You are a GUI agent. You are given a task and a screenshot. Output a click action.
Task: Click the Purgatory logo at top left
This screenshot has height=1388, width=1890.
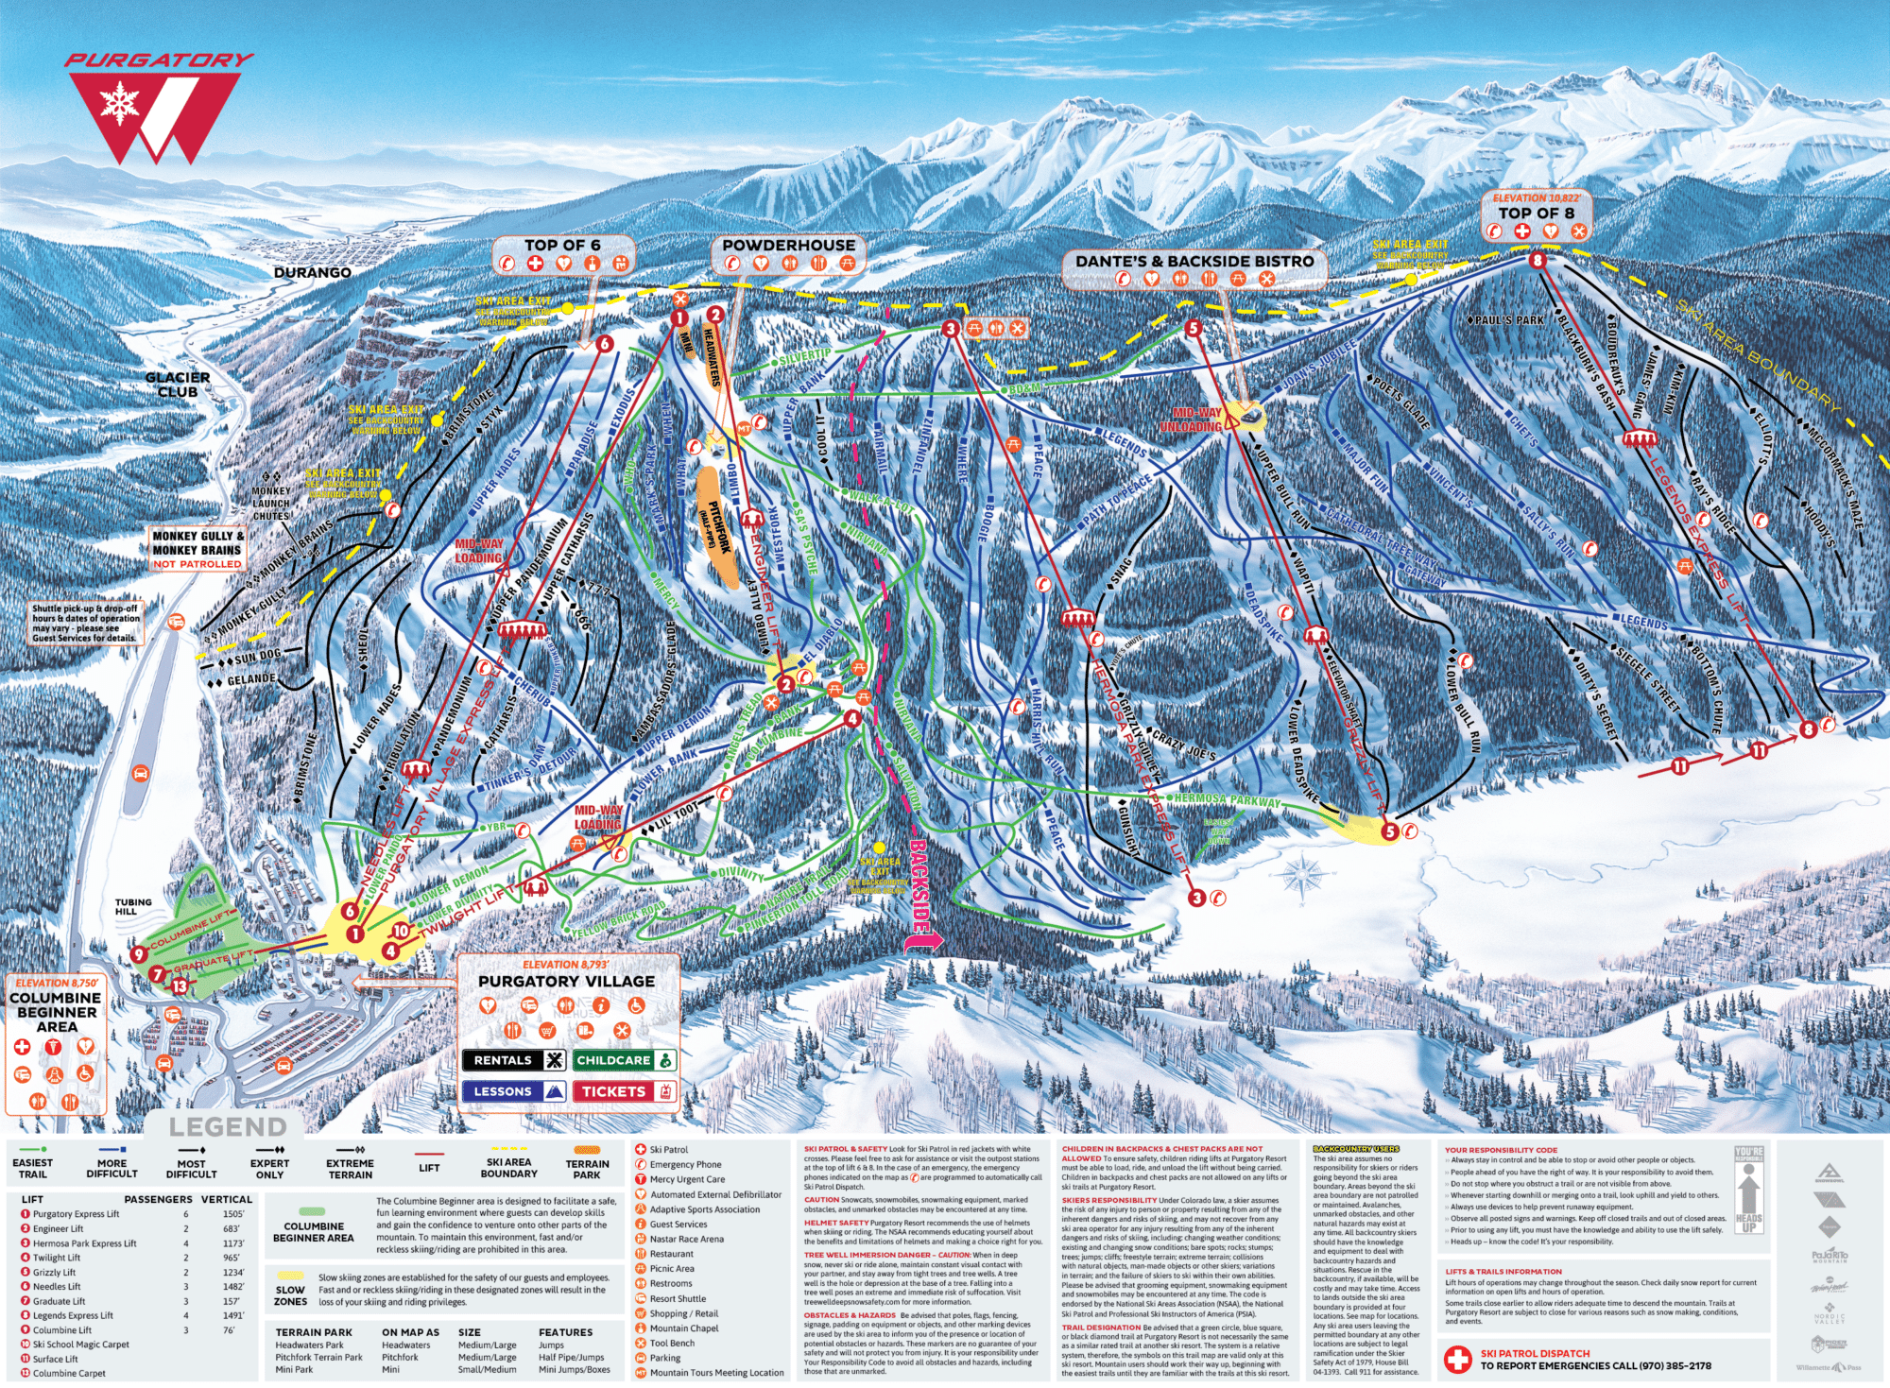click(x=157, y=109)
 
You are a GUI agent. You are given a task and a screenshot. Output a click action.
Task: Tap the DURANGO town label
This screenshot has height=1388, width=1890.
click(x=312, y=273)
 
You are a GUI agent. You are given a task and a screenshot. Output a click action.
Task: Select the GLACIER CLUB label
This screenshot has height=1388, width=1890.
click(x=178, y=385)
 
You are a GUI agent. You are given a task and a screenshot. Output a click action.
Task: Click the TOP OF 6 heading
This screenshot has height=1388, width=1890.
click(x=562, y=245)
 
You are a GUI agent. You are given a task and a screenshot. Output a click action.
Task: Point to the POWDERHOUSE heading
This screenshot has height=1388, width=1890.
click(x=788, y=245)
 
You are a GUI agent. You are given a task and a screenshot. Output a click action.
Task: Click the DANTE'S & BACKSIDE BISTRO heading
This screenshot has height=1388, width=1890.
click(x=1194, y=261)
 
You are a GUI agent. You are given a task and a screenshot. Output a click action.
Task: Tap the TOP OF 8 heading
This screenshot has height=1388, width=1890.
click(x=1536, y=213)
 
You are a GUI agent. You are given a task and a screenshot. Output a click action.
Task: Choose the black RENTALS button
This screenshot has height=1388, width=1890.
click(x=513, y=1060)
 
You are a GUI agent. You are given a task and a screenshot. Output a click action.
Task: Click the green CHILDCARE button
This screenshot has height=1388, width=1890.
click(x=624, y=1060)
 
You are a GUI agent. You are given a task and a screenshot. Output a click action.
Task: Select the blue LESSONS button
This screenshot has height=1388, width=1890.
click(x=513, y=1091)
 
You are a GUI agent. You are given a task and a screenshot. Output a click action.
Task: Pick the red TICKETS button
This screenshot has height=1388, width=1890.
click(x=624, y=1091)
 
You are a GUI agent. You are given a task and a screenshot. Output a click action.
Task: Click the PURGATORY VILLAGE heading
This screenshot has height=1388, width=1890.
click(x=566, y=982)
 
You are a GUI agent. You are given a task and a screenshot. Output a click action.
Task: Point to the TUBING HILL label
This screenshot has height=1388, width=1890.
click(x=133, y=907)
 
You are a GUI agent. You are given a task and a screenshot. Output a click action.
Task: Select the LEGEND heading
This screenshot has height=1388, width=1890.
click(x=227, y=1127)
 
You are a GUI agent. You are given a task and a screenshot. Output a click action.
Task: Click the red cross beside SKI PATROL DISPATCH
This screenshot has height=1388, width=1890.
click(x=1457, y=1360)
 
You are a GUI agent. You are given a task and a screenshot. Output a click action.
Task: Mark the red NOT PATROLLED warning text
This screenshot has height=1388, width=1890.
click(x=198, y=564)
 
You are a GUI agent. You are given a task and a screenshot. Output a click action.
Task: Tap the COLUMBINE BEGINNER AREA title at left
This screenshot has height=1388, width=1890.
click(x=57, y=1012)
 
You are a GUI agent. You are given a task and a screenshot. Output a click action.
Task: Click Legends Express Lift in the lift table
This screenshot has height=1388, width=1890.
click(x=73, y=1315)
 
